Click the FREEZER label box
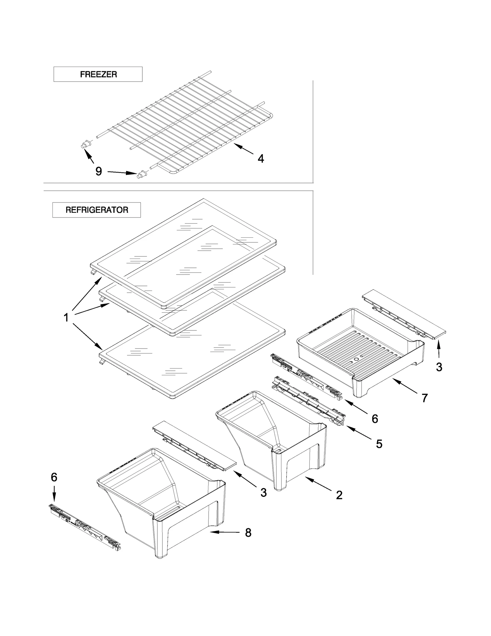click(x=98, y=74)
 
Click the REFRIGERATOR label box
click(x=97, y=210)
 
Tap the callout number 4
click(x=261, y=158)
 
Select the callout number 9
click(x=99, y=171)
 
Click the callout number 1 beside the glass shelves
click(x=66, y=318)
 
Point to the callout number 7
click(x=425, y=398)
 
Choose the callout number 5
click(x=379, y=444)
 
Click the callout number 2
click(x=339, y=495)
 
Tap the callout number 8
click(x=248, y=533)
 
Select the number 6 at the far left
click(x=54, y=477)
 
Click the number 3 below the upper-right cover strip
click(x=439, y=367)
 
